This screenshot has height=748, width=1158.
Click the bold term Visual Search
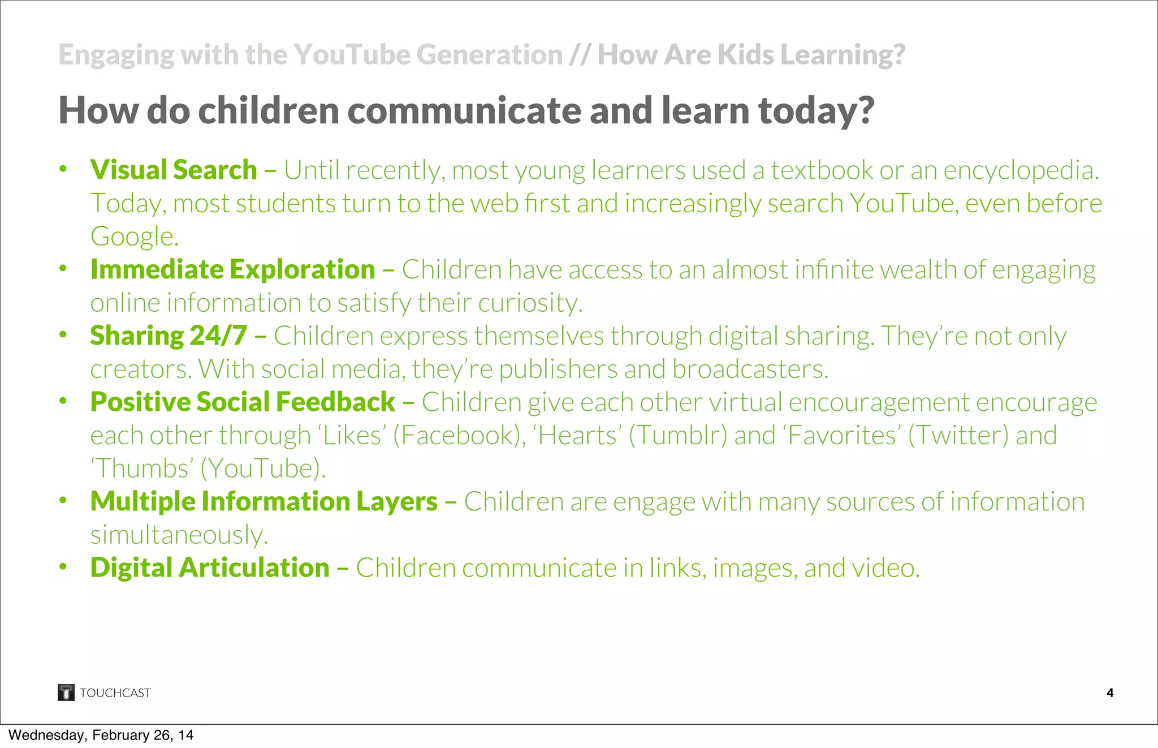174,170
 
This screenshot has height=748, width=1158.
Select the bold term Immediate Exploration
232,269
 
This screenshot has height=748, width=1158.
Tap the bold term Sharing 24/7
168,336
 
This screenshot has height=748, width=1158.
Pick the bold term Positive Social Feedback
243,402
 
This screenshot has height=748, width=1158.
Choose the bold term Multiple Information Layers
263,502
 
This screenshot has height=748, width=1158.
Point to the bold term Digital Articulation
210,568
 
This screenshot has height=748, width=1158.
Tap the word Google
134,237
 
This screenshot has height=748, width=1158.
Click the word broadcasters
750,369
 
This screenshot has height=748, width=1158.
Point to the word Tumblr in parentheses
678,436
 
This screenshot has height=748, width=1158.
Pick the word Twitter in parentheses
958,436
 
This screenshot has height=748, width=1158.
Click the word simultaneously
179,535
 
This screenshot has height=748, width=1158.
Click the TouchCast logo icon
66,692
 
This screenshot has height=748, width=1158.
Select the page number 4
1110,693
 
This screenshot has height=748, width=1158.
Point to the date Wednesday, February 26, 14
101,735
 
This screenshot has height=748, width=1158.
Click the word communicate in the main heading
464,110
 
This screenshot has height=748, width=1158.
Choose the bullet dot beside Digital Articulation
63,566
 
